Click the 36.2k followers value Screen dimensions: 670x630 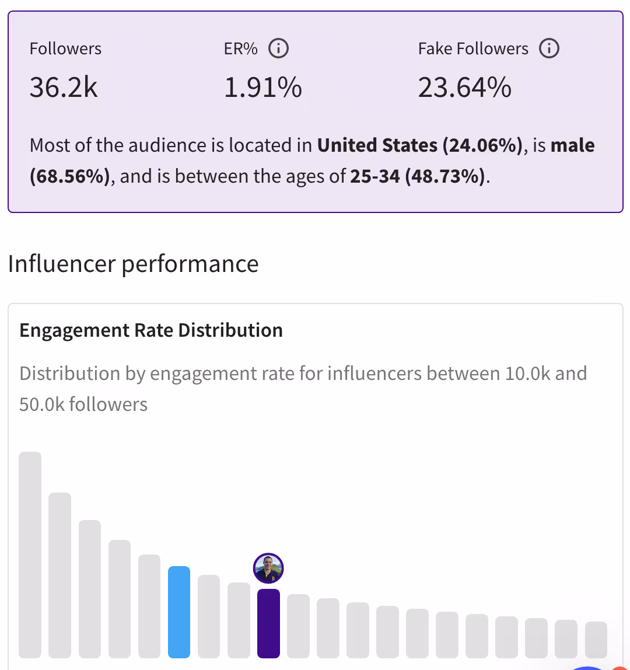tap(64, 88)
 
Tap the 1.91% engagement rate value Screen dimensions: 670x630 tap(263, 88)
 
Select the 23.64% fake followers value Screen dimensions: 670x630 tap(465, 88)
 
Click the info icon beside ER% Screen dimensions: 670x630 tap(278, 49)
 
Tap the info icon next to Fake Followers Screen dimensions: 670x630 tap(549, 48)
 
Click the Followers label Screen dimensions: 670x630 tap(65, 49)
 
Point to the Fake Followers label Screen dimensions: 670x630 tap(473, 49)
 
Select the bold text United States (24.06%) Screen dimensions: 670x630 tap(419, 145)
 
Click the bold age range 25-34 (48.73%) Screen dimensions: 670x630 tap(418, 176)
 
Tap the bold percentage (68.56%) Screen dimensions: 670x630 tap(69, 176)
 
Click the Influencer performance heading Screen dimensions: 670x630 tap(133, 264)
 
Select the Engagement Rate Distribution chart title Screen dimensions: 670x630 tap(151, 330)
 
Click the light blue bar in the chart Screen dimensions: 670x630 tap(179, 612)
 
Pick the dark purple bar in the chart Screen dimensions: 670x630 tap(268, 623)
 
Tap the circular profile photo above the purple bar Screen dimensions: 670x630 tap(268, 568)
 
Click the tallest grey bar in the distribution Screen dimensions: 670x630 tap(30, 554)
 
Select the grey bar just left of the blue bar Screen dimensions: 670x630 tap(149, 606)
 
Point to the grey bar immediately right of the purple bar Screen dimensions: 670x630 tap(298, 626)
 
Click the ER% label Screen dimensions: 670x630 tap(240, 49)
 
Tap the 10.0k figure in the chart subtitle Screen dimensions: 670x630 tap(527, 373)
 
